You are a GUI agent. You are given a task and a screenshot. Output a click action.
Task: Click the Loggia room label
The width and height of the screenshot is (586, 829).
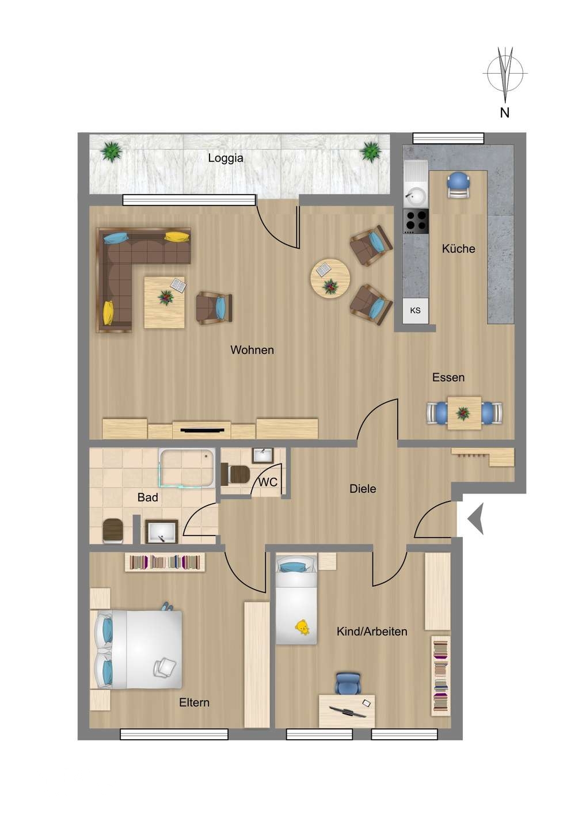(225, 158)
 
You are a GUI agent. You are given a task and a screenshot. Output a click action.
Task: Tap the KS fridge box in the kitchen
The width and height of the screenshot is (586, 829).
(416, 310)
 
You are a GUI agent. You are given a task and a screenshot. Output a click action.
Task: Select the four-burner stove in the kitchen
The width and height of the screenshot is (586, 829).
(416, 221)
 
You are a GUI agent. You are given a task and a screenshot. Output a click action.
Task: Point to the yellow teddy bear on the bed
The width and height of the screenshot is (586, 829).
(302, 627)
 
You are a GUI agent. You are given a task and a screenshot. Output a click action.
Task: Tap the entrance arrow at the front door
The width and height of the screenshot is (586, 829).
(475, 519)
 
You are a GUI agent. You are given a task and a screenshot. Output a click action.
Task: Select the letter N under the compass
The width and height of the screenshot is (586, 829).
(505, 112)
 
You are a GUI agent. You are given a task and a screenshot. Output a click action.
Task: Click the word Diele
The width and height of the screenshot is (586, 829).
(363, 489)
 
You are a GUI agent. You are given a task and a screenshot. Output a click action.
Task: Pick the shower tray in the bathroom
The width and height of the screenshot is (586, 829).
(187, 468)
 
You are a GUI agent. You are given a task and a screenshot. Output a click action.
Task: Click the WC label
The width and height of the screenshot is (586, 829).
(268, 482)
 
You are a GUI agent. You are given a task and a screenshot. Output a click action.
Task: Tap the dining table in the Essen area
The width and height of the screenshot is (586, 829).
(465, 413)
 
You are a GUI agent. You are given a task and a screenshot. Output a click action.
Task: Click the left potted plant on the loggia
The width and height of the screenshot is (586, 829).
(111, 152)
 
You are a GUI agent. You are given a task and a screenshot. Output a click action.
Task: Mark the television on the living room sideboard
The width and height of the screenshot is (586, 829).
(203, 429)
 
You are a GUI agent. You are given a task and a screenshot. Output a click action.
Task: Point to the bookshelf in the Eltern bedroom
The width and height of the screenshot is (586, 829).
(165, 562)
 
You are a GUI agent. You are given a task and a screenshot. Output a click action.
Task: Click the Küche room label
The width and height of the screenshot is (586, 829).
(458, 249)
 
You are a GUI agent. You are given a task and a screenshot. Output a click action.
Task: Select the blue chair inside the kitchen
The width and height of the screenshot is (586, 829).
(459, 185)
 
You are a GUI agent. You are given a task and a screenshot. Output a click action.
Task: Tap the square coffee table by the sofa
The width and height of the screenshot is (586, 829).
(164, 302)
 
